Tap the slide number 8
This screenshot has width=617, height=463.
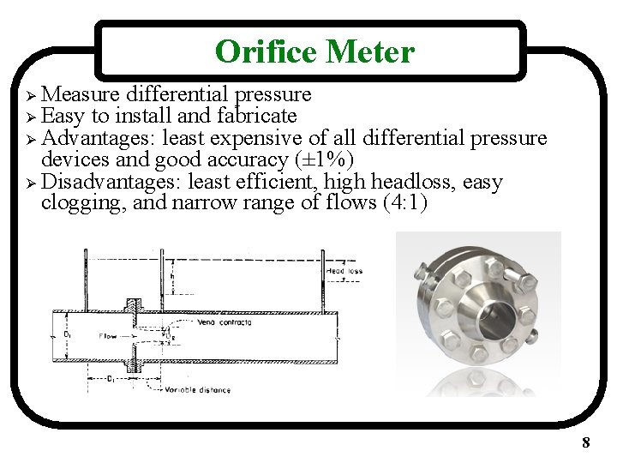coord(585,442)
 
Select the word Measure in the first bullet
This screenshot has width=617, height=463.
coord(82,93)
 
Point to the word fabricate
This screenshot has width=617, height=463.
coord(257,116)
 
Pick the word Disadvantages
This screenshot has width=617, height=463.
coord(111,182)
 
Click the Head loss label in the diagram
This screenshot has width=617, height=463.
coord(344,271)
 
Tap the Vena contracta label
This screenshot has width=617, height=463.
coord(225,322)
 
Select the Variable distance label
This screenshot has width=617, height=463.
coord(199,389)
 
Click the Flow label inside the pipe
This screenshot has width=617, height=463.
coord(108,335)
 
